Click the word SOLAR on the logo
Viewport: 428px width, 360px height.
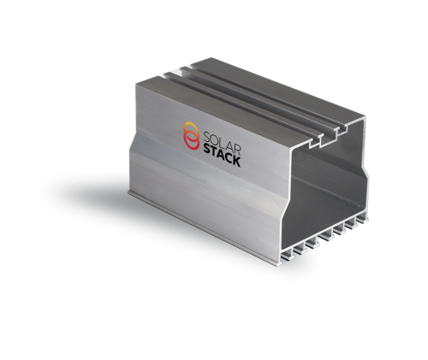pos(222,141)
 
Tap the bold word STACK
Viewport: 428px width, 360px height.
pos(222,156)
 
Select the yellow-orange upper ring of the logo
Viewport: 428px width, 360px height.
pos(192,130)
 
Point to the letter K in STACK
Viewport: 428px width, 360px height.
pos(236,162)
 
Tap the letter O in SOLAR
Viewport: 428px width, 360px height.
pos(215,139)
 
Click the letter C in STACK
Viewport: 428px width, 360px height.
pos(229,158)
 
